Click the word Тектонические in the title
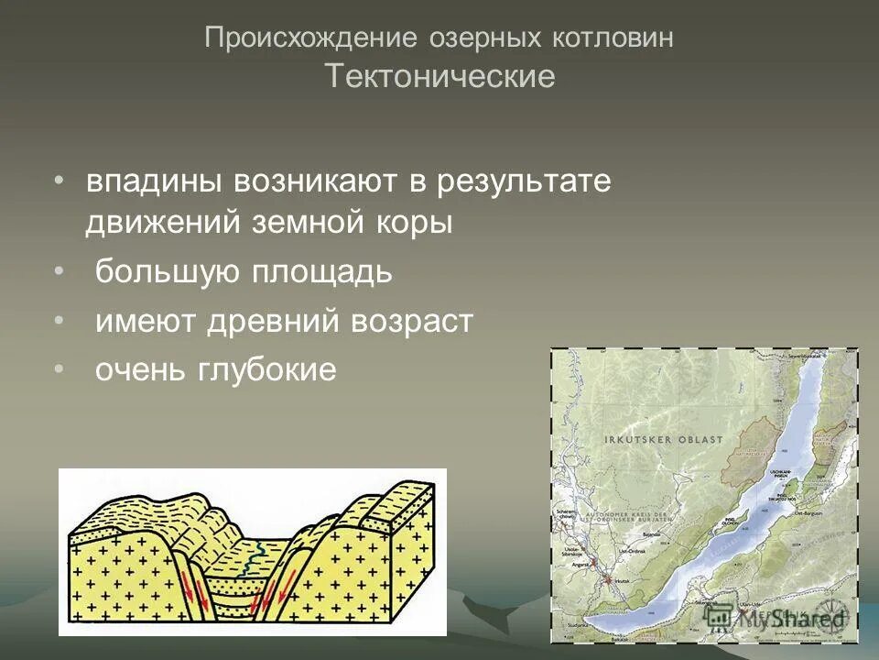439,76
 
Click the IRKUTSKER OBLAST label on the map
664,440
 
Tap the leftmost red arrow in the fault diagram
193,586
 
